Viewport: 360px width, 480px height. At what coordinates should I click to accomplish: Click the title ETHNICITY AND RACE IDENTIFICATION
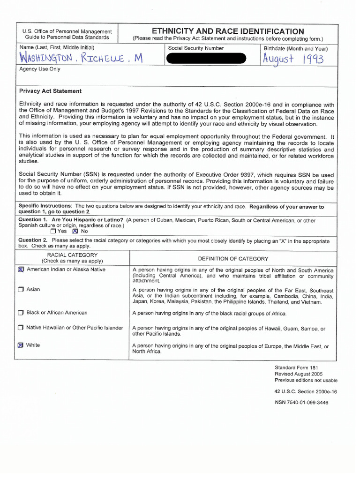click(x=227, y=31)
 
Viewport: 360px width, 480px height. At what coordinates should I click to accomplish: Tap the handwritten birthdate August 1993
click(x=292, y=59)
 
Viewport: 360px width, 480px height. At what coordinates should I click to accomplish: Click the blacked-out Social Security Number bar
click(x=206, y=58)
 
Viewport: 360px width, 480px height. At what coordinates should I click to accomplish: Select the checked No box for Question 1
click(x=75, y=231)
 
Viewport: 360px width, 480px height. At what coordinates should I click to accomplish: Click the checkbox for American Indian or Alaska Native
click(x=21, y=270)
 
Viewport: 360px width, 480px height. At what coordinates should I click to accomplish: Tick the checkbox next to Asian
click(x=21, y=290)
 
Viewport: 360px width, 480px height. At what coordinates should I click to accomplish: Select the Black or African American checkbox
click(x=21, y=313)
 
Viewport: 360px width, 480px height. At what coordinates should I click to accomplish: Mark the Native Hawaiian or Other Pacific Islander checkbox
click(x=21, y=328)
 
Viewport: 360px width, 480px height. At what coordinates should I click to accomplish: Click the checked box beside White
click(x=21, y=345)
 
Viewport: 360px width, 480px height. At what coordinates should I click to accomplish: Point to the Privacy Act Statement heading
click(x=50, y=91)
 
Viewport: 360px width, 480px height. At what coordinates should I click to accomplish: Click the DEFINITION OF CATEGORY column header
click(x=233, y=259)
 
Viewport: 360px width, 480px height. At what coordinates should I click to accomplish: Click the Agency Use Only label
click(x=40, y=69)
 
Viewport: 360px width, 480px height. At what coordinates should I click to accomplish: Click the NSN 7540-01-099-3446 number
click(x=301, y=402)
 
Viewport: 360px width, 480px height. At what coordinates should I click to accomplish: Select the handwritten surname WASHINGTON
click(x=45, y=59)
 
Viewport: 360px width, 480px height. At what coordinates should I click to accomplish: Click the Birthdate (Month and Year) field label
click(x=296, y=48)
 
